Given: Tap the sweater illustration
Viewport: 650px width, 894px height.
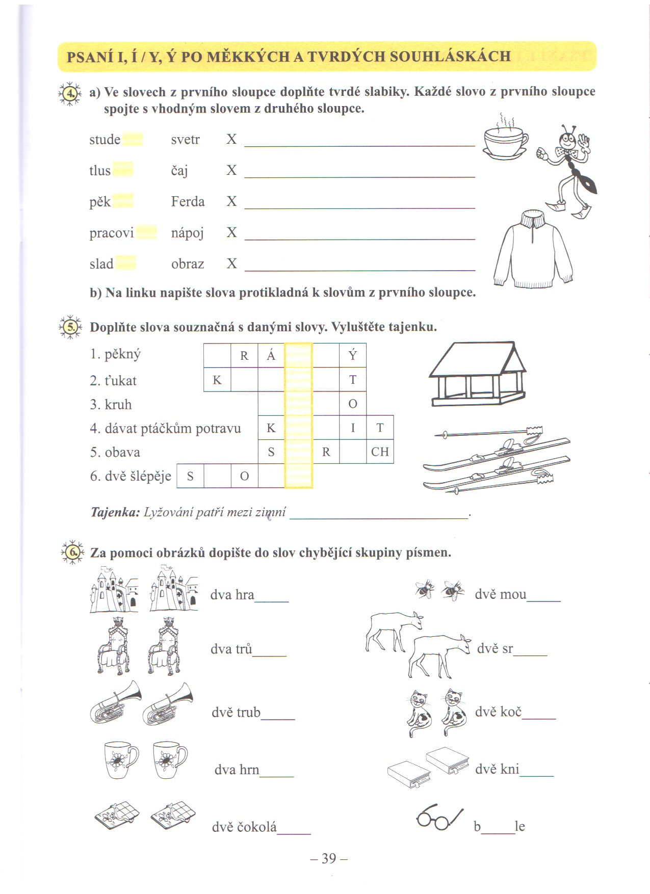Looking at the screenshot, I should point(533,250).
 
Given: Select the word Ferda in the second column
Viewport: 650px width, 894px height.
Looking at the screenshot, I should point(188,202).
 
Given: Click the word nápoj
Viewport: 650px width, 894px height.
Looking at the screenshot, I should point(187,233).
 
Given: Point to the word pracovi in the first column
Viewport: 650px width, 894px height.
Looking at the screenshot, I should point(111,233).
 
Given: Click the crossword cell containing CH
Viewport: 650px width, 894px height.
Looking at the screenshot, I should point(380,452).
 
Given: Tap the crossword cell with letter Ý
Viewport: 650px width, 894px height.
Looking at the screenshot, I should point(353,355).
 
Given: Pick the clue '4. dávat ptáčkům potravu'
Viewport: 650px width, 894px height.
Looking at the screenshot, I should point(165,428).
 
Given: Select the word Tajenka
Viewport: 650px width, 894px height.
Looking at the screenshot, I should point(115,512).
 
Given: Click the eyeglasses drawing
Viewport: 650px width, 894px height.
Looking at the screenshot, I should point(439,817).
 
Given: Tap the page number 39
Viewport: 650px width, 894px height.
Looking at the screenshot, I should point(329,859).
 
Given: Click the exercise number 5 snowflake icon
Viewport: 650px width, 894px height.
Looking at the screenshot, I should point(70,327).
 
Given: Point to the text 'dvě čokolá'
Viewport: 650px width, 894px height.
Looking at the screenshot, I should point(244,827).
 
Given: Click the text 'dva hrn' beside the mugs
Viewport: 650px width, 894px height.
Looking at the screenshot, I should point(237,769).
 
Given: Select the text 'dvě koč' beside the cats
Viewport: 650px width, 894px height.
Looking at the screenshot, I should point(498,712).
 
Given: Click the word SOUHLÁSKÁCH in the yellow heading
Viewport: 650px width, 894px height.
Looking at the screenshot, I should point(450,56).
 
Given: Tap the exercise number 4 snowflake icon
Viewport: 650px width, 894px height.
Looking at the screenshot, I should point(70,93).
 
